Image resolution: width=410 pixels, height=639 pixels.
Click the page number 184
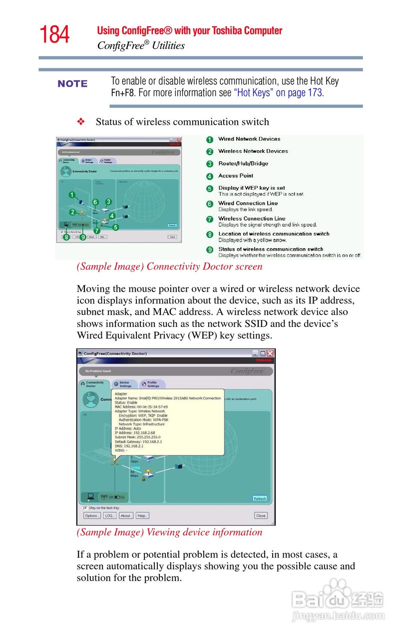54,35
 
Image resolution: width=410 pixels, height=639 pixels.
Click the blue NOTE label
72,84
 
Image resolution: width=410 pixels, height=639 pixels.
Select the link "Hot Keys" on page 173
278,93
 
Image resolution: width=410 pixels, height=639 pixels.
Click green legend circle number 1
210,140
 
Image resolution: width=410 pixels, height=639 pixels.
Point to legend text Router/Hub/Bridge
243,163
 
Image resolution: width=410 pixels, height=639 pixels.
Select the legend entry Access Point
236,176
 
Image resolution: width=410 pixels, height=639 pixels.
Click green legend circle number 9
210,250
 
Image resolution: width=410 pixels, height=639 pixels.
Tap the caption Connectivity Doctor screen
169,267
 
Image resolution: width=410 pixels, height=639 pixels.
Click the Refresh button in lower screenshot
260,498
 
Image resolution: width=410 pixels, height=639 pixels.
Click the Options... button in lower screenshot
92,516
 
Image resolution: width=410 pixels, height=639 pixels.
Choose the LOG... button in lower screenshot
110,516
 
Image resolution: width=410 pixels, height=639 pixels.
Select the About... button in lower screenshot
126,516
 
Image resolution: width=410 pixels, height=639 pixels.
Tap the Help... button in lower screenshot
143,516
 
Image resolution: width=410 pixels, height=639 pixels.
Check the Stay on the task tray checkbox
85,508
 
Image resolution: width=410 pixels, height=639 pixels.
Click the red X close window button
270,353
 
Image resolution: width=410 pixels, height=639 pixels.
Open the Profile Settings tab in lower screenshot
152,384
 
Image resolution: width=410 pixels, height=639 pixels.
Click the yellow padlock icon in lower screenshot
143,478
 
